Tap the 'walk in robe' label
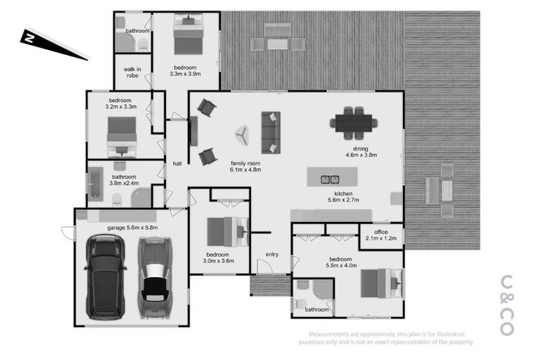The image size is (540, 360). (x=131, y=72)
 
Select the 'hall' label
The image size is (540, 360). (x=177, y=163)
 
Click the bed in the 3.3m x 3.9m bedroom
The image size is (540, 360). (x=188, y=35)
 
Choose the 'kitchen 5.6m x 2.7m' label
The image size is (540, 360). (x=342, y=196)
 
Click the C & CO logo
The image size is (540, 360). (x=507, y=304)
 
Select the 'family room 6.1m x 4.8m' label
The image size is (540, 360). (x=245, y=165)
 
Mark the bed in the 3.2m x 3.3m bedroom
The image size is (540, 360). (x=121, y=135)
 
